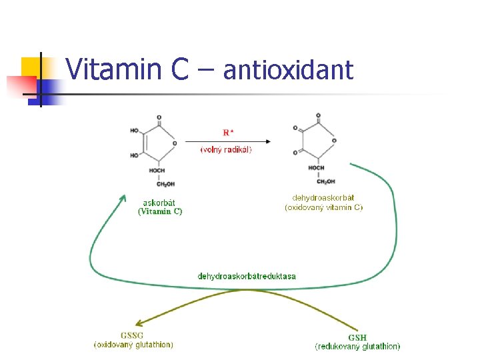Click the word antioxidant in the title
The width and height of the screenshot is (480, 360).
(x=288, y=69)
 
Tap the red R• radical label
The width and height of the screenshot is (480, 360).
(x=228, y=132)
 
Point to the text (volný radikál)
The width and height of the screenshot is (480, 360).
(x=226, y=150)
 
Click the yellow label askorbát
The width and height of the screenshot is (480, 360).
(x=159, y=203)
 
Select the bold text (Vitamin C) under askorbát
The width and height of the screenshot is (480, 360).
(x=160, y=211)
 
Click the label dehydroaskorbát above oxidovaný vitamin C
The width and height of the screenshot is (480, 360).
(x=323, y=197)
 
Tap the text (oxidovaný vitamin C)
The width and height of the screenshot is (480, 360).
(x=324, y=207)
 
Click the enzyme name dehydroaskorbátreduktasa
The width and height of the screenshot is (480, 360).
(x=247, y=276)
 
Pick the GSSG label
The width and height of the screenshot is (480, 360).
(x=132, y=335)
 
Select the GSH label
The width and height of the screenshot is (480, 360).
(x=357, y=337)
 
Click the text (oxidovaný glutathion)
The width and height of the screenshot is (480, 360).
(x=133, y=345)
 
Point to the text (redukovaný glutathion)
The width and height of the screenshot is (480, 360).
(x=357, y=346)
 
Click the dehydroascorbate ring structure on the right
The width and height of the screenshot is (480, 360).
(x=317, y=140)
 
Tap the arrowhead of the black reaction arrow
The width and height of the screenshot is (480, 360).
(x=267, y=141)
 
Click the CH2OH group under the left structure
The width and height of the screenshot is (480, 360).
(x=157, y=184)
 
